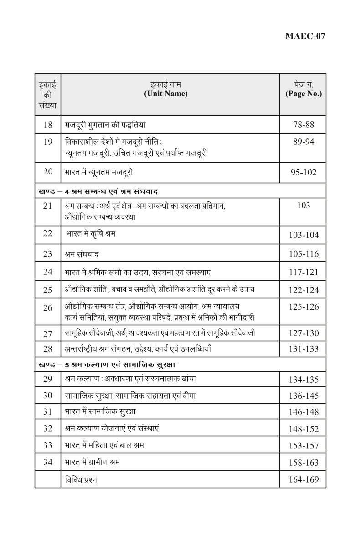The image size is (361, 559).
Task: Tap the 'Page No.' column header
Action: [304, 94]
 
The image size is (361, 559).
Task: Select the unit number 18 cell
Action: [48, 124]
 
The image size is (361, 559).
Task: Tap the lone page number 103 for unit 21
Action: [304, 206]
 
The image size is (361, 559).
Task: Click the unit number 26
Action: [48, 307]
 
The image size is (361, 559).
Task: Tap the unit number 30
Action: [48, 395]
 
